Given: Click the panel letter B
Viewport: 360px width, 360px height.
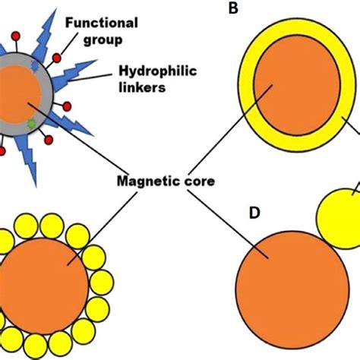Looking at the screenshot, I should (x=232, y=11).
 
